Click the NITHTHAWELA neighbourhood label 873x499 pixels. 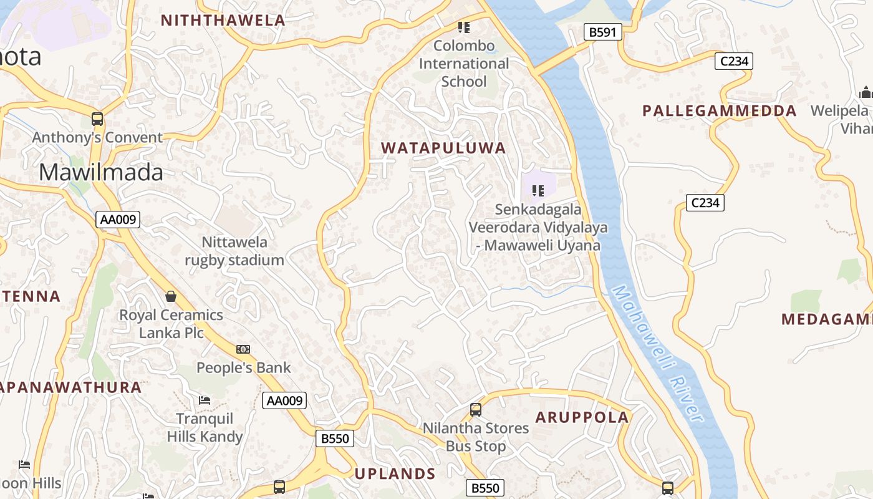223,20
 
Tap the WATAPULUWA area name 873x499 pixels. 443,148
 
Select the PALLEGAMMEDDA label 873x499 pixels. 720,111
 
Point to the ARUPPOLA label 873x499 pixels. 582,417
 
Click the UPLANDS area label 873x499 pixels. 395,473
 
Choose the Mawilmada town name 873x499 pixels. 101,172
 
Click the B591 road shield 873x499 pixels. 603,32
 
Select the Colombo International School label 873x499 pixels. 464,64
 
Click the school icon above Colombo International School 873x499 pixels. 463,27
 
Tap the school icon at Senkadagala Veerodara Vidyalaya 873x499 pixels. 538,190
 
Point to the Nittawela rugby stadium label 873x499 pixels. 234,251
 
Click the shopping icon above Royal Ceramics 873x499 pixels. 171,296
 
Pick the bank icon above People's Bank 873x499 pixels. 243,349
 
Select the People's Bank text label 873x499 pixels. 244,367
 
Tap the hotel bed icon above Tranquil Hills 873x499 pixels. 205,400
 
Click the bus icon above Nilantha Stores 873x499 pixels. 476,410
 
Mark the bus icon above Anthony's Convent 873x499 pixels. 97,119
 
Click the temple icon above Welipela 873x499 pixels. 866,93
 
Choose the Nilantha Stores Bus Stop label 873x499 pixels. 476,437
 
